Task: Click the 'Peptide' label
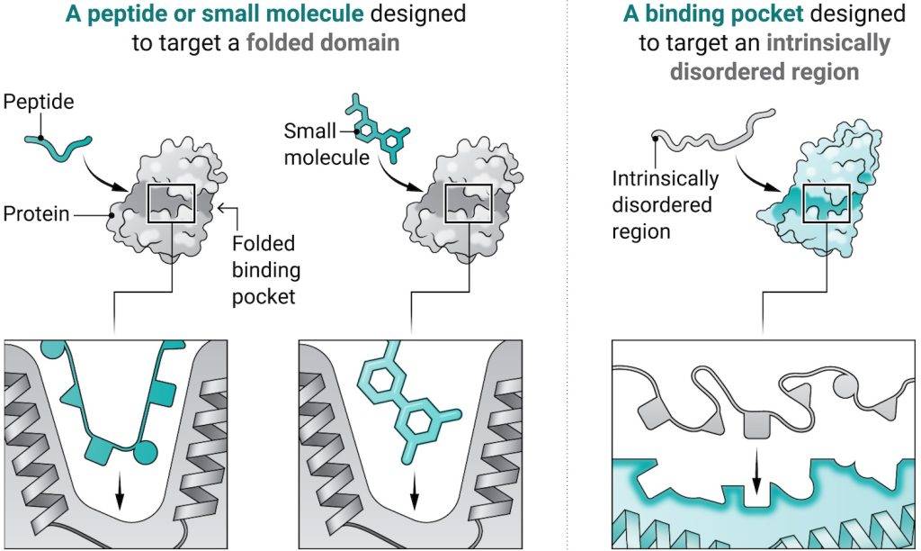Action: (x=39, y=102)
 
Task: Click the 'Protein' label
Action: (x=36, y=213)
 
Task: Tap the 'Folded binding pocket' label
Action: (x=266, y=270)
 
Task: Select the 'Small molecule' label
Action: (x=326, y=144)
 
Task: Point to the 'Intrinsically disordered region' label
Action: (x=665, y=204)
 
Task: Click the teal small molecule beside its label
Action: (x=377, y=127)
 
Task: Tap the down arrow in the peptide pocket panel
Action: (x=120, y=491)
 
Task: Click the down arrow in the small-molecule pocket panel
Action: (x=415, y=491)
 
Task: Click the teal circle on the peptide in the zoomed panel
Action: (x=146, y=452)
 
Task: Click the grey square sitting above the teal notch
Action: (x=756, y=425)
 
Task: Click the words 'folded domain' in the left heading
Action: (x=323, y=43)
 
